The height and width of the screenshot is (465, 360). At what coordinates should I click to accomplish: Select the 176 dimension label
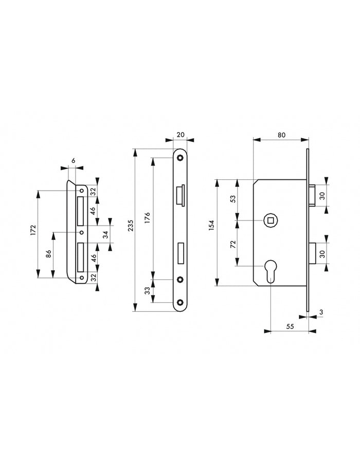point(148,218)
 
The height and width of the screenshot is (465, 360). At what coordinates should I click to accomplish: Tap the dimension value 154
point(211,226)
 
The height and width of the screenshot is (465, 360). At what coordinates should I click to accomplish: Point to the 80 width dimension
point(281,135)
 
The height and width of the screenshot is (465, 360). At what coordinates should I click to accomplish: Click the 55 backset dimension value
point(290,326)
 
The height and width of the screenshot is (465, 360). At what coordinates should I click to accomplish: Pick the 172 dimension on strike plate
point(33,230)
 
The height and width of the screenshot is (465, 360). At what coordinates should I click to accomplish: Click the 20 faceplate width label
point(181,134)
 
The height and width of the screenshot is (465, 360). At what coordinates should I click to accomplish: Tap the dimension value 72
point(233,244)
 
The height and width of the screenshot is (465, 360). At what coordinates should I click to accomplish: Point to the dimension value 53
point(233,198)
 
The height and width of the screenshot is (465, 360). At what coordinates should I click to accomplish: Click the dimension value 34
point(105,235)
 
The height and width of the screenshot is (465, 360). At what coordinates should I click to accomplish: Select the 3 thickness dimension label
point(321,312)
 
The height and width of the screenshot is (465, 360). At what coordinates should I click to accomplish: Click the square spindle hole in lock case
point(270,220)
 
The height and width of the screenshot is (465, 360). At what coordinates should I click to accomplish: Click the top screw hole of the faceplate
point(179,158)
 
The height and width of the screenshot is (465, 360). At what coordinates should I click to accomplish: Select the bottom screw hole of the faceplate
point(179,303)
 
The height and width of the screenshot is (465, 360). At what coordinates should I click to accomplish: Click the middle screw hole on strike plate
point(81,232)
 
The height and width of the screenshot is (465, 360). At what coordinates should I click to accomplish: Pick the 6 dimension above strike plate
point(74,161)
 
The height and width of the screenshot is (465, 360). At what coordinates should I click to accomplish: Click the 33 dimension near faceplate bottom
point(148,291)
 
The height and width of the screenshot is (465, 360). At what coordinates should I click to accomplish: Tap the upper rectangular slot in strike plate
point(81,211)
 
